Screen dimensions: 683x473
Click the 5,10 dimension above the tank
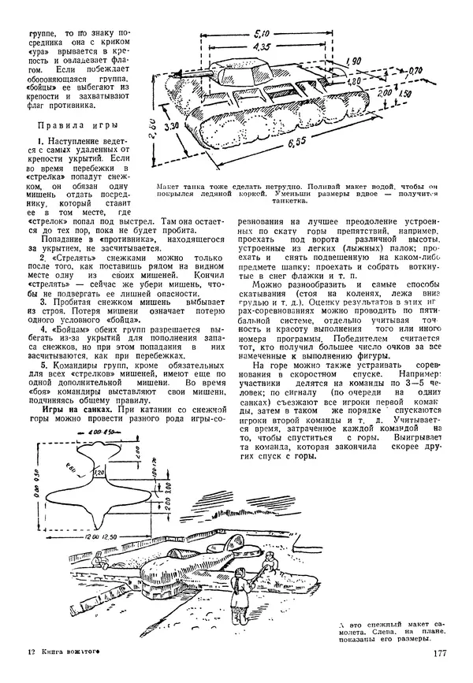coord(264,34)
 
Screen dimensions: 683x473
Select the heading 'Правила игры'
coord(81,125)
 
